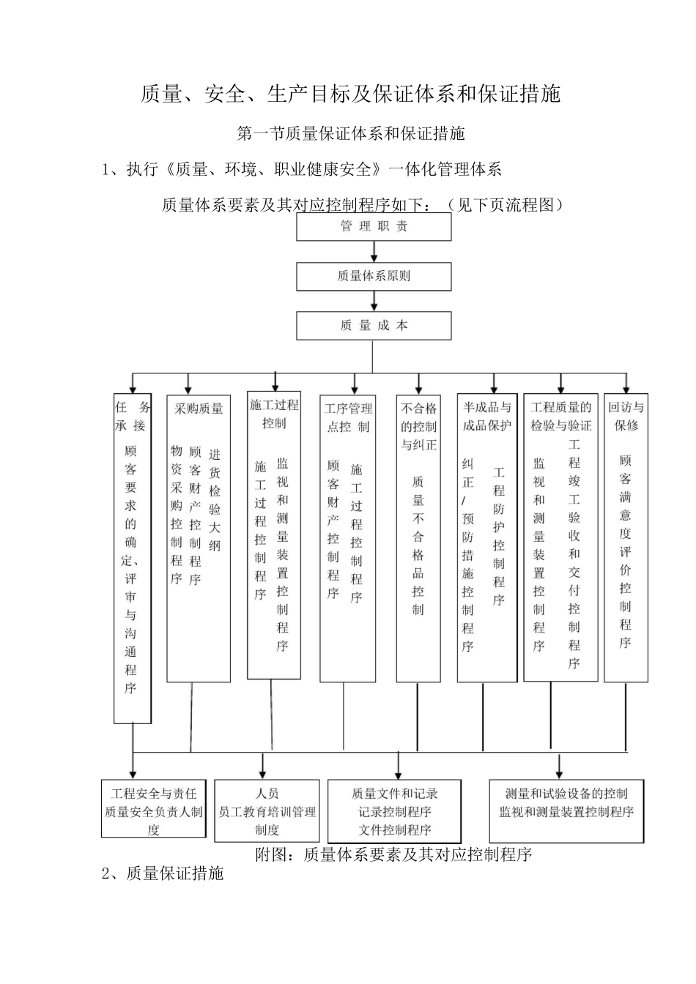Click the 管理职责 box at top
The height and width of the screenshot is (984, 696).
[x=374, y=227]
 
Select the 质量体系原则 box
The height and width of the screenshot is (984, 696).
[x=374, y=277]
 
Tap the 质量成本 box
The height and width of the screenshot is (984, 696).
[x=374, y=326]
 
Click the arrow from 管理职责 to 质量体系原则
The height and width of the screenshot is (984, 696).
[x=374, y=252]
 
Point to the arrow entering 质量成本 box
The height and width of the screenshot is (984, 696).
[x=374, y=302]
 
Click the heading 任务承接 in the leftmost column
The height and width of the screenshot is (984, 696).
[x=133, y=417]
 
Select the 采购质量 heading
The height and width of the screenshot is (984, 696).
[x=199, y=409]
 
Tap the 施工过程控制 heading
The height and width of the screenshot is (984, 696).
[x=274, y=414]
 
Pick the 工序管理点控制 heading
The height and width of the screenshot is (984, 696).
[x=348, y=417]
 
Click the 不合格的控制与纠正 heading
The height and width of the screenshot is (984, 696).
[x=418, y=426]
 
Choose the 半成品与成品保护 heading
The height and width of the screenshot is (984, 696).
[x=486, y=417]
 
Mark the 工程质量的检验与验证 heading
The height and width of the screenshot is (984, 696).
[x=560, y=417]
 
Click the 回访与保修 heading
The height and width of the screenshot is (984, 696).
[x=626, y=417]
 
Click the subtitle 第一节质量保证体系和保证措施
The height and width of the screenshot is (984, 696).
[x=351, y=133]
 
